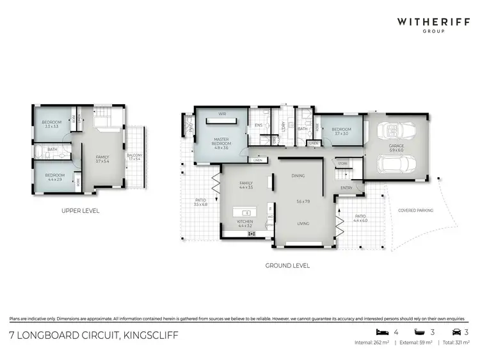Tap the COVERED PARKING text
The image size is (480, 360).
415,210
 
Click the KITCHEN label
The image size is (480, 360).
246,223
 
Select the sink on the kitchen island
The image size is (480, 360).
246,212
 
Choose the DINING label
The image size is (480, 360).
298,176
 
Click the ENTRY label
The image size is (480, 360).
346,187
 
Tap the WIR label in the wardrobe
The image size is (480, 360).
222,114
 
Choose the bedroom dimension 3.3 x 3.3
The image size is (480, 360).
51,127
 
